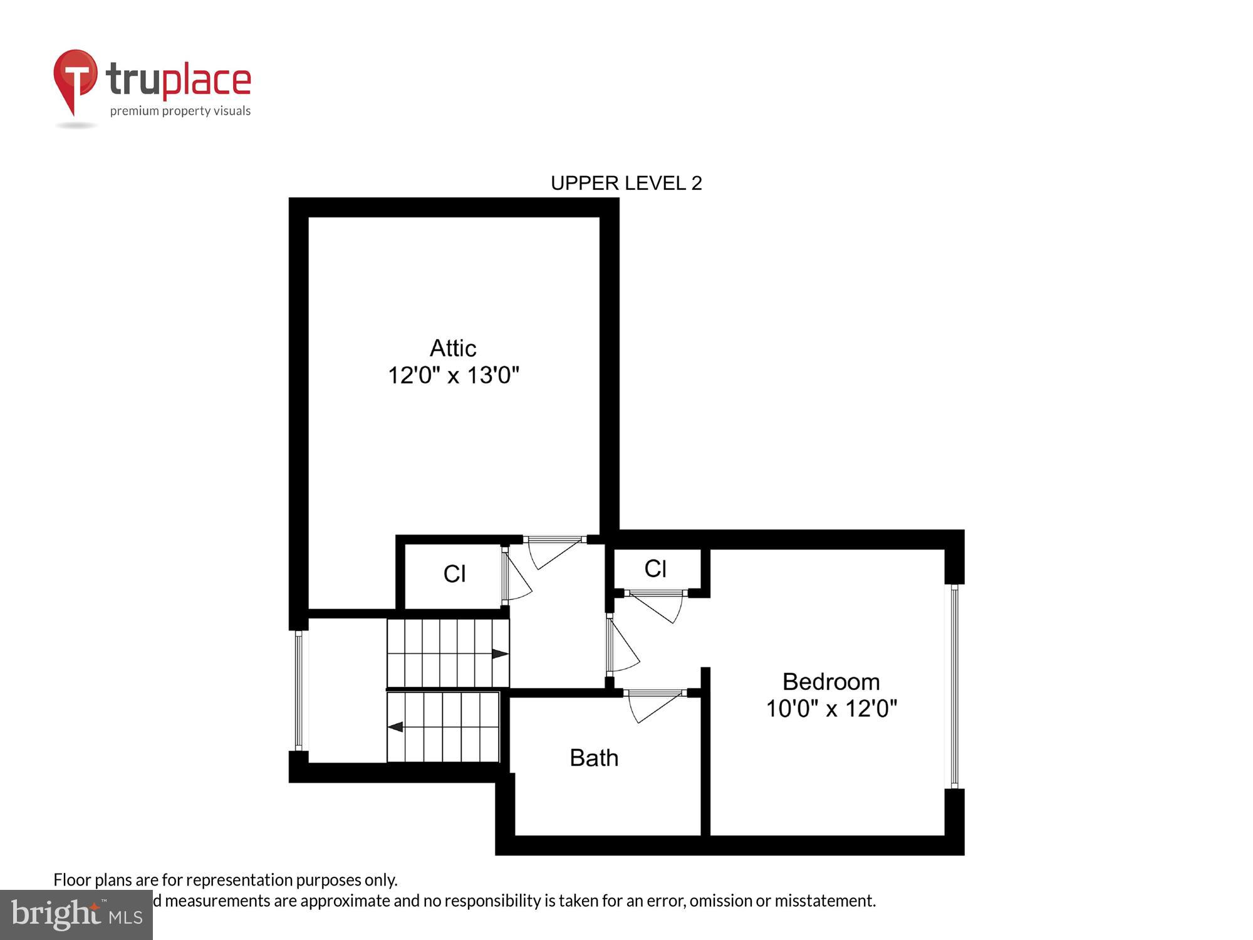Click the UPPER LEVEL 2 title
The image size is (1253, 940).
(x=626, y=183)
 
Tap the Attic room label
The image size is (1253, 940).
(x=453, y=348)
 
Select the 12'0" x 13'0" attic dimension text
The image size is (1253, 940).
(x=454, y=375)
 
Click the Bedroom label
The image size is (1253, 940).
(x=831, y=682)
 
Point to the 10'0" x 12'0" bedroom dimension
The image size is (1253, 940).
(x=831, y=709)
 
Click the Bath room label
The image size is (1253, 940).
(x=594, y=758)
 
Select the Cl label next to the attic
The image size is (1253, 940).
(x=454, y=574)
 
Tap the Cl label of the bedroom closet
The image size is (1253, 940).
(x=655, y=569)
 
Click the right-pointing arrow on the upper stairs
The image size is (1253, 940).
(x=500, y=654)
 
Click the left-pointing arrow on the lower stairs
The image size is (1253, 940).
(x=395, y=727)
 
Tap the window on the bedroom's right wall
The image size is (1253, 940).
(x=954, y=686)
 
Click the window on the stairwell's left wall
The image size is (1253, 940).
(x=299, y=689)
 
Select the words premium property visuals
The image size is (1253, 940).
(x=180, y=112)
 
